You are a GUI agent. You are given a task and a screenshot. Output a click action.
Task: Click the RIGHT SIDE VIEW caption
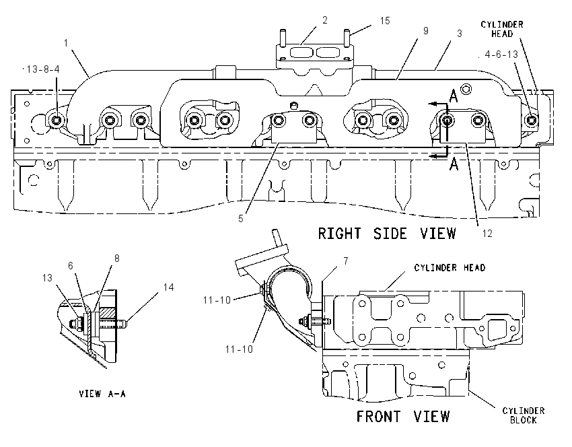point(387,234)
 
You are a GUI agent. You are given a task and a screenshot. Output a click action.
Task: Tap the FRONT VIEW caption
point(403,416)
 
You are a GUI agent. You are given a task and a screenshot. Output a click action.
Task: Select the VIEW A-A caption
point(102,394)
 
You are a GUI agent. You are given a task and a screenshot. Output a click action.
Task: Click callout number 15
point(385,21)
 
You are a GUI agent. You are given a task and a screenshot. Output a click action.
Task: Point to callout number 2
point(324,20)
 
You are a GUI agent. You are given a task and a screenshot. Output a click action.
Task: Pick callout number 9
point(425,31)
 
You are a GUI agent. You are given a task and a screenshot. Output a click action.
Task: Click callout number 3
point(459,34)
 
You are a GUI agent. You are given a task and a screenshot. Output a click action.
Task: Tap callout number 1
point(66,43)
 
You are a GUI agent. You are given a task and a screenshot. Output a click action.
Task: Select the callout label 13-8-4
point(43,69)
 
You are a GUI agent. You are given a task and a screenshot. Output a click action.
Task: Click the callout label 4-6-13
point(501,55)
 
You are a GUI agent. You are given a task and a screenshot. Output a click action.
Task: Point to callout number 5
point(241,219)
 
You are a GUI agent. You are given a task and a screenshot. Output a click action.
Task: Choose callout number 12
point(487,234)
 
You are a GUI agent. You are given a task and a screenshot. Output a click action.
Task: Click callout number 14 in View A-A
point(168,287)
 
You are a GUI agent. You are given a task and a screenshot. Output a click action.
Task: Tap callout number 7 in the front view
point(345,261)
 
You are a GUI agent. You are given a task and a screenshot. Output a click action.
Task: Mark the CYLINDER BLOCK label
point(523,415)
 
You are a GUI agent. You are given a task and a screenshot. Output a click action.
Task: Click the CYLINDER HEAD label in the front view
point(450,268)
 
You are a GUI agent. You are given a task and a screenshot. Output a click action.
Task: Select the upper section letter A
point(453,97)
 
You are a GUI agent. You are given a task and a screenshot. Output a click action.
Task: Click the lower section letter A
point(454,164)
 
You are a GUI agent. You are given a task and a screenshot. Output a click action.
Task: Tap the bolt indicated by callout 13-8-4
point(56,120)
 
